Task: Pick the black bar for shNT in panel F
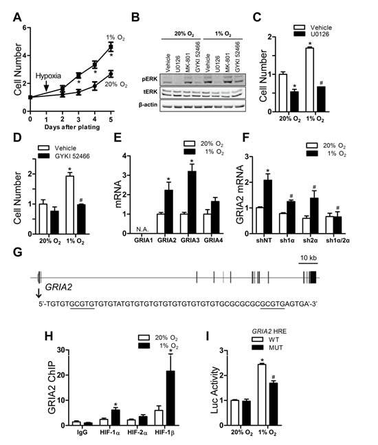point(291,206)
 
